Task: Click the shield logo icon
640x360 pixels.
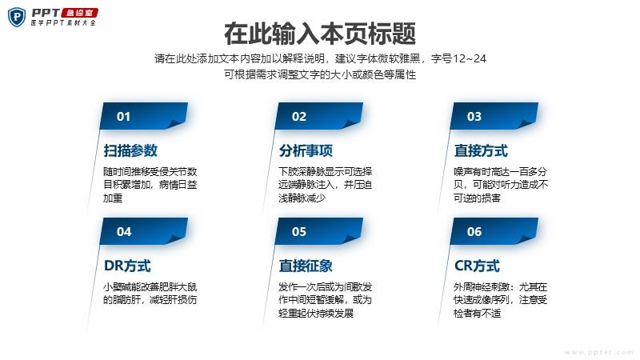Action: tap(17, 18)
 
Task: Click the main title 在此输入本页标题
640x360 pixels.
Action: tap(320, 34)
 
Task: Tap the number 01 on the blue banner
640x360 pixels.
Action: tap(123, 116)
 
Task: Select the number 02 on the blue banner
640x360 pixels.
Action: tap(298, 116)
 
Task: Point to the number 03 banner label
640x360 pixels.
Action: tap(474, 116)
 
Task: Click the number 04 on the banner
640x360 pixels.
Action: tap(124, 231)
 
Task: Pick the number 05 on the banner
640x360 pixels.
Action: tap(298, 231)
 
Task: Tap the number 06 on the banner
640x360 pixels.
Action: tap(474, 231)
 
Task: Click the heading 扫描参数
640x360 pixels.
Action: tap(130, 150)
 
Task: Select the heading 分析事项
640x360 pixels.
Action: tap(306, 150)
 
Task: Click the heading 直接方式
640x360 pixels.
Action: tap(481, 150)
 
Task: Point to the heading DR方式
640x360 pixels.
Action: tap(127, 266)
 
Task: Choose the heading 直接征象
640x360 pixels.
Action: tap(306, 266)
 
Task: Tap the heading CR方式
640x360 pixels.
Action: tap(477, 266)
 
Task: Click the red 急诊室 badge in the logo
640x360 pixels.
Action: tap(80, 13)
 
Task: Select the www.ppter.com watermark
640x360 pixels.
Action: tap(599, 352)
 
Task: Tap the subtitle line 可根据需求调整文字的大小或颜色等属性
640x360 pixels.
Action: tap(320, 74)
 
